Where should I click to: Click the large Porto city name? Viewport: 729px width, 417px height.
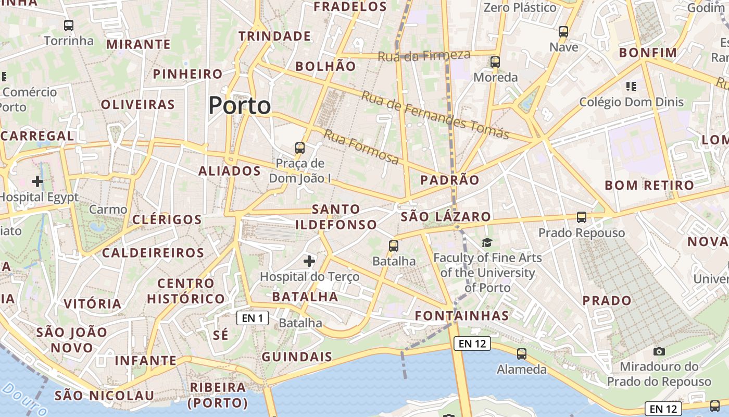[240, 106]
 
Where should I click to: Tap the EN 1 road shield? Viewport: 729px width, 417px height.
[253, 318]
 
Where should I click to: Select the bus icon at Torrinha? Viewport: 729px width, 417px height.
[68, 25]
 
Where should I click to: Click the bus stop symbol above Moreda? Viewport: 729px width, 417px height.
[495, 62]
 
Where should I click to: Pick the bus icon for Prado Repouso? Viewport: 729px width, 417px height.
[582, 217]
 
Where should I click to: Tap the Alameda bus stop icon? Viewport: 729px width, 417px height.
[522, 354]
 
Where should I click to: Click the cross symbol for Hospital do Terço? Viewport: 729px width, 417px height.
[309, 261]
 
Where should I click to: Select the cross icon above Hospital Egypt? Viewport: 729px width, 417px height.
[37, 181]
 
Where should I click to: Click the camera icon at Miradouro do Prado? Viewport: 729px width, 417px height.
[659, 351]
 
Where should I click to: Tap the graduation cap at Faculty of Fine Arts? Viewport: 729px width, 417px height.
[487, 242]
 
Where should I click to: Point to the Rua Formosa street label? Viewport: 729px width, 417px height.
[361, 147]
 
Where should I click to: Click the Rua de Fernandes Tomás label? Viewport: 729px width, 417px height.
[435, 115]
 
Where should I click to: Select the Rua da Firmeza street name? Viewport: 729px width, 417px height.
[424, 56]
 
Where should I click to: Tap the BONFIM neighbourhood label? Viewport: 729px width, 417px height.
[648, 53]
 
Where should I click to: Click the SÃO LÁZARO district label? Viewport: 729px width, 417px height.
[446, 216]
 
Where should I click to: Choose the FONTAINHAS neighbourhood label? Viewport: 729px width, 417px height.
[462, 315]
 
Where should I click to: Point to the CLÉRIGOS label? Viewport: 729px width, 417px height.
[167, 219]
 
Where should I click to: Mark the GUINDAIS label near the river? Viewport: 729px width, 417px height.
[297, 357]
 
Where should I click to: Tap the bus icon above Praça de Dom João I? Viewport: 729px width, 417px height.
[300, 148]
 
